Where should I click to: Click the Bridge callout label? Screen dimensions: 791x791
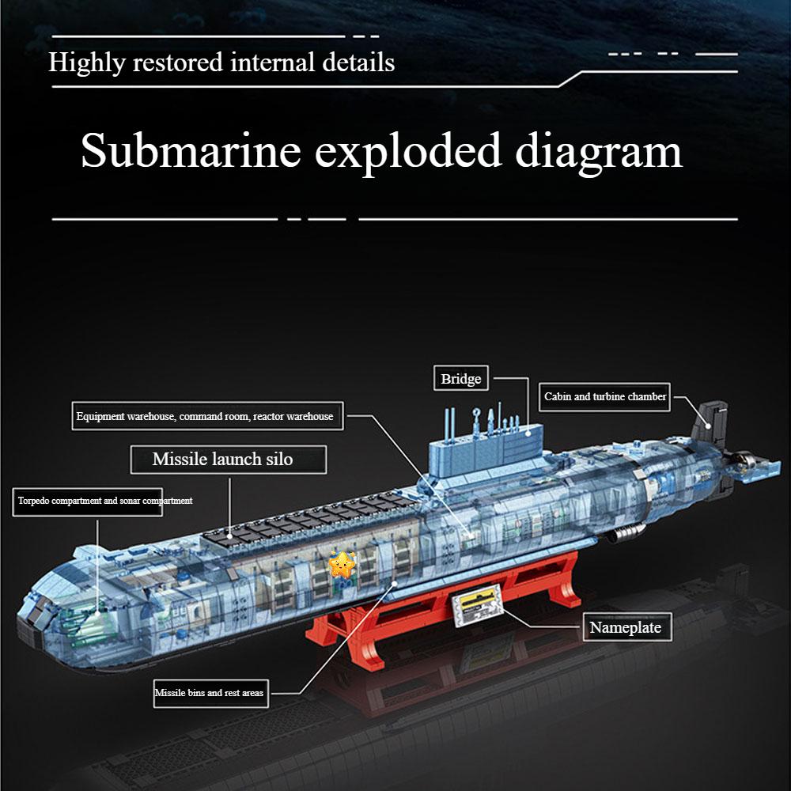coord(460,378)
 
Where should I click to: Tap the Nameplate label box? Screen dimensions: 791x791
coord(627,627)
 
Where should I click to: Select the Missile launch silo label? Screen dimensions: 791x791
coord(228,459)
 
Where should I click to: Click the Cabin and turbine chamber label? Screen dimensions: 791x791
coord(604,396)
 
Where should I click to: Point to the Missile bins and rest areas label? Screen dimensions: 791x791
coord(210,693)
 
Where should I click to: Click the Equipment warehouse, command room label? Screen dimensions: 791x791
coord(207,416)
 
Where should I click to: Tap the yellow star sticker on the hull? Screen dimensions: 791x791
coord(342,565)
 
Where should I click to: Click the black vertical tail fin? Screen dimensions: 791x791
coord(710,424)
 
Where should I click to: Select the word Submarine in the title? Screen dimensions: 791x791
coord(191,150)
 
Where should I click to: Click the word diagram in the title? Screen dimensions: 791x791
coord(598,153)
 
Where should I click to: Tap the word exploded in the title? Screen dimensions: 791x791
coord(407,153)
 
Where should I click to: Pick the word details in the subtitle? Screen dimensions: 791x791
coord(358,62)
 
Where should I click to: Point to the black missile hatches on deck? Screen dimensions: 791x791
coord(308,520)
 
